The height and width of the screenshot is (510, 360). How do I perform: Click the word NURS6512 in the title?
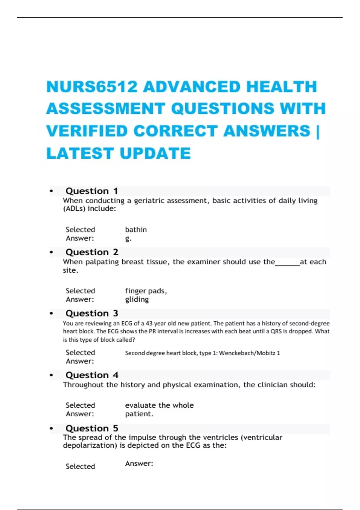pyautogui.click(x=92, y=87)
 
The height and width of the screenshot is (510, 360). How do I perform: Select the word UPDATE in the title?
pyautogui.click(x=155, y=153)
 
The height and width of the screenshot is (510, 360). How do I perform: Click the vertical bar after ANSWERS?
pyautogui.click(x=318, y=131)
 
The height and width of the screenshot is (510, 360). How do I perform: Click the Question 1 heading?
pyautogui.click(x=91, y=191)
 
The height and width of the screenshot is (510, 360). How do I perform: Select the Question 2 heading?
pyautogui.click(x=92, y=252)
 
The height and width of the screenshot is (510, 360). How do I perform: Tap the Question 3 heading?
pyautogui.click(x=92, y=313)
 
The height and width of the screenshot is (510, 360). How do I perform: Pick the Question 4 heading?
pyautogui.click(x=92, y=375)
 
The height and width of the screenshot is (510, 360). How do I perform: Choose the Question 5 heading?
pyautogui.click(x=92, y=428)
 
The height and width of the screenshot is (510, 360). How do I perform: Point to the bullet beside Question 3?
pyautogui.click(x=51, y=314)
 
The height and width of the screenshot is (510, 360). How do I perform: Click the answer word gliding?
pyautogui.click(x=137, y=299)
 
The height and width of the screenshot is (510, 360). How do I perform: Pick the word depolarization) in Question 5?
pyautogui.click(x=90, y=445)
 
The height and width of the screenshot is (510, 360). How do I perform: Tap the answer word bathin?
pyautogui.click(x=136, y=230)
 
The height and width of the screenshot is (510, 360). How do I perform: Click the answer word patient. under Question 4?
pyautogui.click(x=139, y=414)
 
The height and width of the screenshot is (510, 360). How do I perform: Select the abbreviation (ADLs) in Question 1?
pyautogui.click(x=74, y=209)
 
